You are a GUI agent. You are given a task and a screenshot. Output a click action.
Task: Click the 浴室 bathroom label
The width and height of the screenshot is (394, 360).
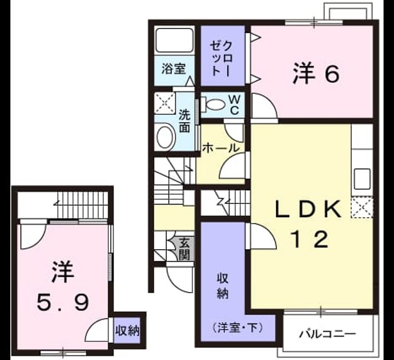(174, 69)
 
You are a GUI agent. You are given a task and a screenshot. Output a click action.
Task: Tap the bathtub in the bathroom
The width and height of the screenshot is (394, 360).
(174, 40)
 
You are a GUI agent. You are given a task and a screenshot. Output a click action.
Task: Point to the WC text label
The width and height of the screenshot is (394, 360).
(234, 105)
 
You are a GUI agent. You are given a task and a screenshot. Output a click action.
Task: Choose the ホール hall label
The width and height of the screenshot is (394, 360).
(220, 148)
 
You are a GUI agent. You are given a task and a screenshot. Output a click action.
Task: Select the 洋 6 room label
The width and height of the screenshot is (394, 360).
(316, 73)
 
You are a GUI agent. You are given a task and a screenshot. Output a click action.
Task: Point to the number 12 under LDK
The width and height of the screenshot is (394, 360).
(310, 239)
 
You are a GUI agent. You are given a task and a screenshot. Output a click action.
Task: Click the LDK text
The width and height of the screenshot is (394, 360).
(308, 209)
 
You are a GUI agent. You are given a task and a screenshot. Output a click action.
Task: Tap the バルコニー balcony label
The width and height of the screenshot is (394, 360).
(327, 334)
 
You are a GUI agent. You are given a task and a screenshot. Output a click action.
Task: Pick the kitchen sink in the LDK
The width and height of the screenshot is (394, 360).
(362, 179)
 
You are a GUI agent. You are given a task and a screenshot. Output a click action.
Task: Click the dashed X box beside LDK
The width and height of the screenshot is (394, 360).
(362, 207)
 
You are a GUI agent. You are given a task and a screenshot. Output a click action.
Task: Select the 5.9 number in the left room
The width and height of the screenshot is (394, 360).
(63, 302)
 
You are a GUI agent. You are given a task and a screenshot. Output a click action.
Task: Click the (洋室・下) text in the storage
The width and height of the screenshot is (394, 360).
(238, 327)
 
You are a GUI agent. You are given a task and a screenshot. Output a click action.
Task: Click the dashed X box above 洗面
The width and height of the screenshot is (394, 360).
(165, 103)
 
